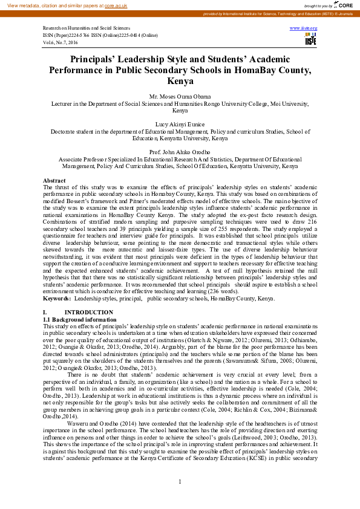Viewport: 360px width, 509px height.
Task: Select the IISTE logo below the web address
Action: click(x=310, y=39)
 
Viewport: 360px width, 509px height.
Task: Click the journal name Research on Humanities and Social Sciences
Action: click(x=85, y=28)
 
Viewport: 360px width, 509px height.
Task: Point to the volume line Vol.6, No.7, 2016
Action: click(x=61, y=43)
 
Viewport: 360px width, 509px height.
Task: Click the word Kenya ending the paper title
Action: click(x=180, y=81)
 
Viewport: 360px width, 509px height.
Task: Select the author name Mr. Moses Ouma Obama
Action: click(x=180, y=97)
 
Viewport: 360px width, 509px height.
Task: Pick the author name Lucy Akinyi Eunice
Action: click(x=180, y=123)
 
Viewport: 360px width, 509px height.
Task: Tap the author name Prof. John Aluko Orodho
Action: click(x=180, y=151)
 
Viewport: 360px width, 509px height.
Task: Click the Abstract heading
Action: click(x=54, y=181)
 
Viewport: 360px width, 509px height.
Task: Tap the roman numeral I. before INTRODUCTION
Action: click(x=45, y=313)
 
